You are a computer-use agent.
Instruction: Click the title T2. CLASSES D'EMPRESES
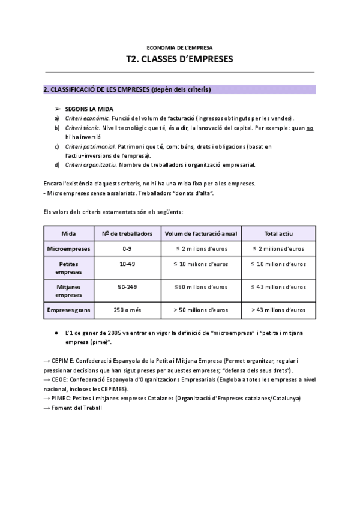[179, 59]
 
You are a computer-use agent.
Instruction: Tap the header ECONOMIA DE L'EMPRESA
[179, 47]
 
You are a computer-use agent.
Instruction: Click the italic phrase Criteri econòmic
[87, 119]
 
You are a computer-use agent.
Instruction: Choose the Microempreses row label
[69, 248]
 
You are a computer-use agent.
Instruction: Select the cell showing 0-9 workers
[127, 248]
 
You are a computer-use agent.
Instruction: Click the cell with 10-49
[127, 263]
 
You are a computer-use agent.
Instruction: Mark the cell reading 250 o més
[127, 310]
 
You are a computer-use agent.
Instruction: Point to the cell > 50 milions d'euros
[201, 310]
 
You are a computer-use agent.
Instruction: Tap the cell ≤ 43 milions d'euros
[278, 287]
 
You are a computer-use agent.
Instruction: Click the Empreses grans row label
[69, 310]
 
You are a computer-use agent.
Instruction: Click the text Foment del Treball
[77, 408]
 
